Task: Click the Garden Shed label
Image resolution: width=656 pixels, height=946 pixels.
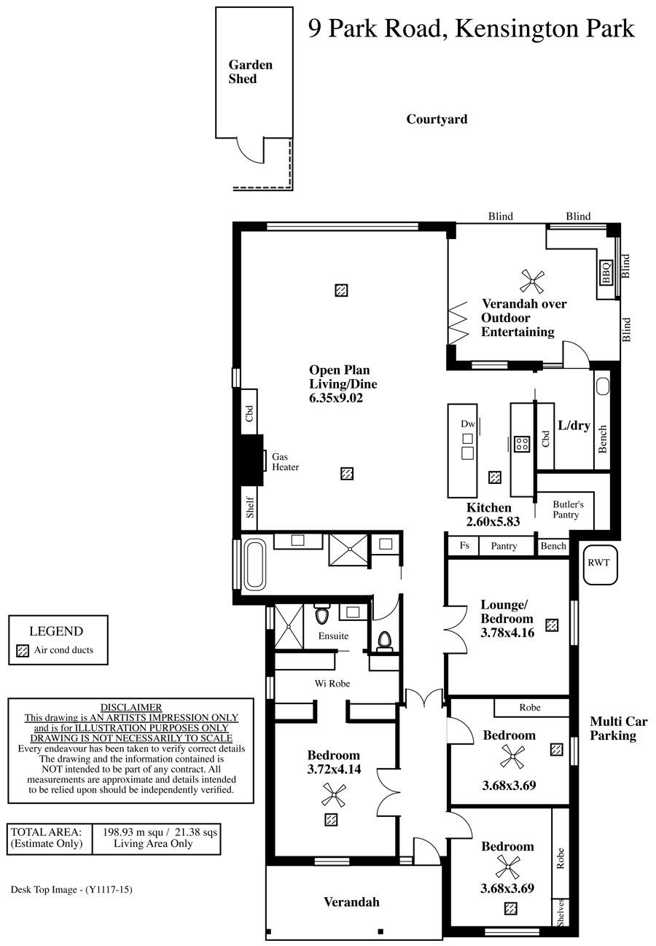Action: click(x=251, y=72)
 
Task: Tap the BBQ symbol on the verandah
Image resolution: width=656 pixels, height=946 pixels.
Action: click(x=606, y=273)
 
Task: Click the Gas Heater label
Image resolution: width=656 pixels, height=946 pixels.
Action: click(x=285, y=461)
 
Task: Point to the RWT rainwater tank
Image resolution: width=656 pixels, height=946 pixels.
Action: click(x=601, y=564)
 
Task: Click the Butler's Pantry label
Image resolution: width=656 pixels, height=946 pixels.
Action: click(x=568, y=509)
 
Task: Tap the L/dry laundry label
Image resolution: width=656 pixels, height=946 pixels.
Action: click(x=574, y=426)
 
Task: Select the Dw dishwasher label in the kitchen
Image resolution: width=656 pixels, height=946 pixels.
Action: click(x=468, y=424)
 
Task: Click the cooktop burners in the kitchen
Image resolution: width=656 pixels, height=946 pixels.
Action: click(x=522, y=444)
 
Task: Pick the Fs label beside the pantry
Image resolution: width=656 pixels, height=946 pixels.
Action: click(x=464, y=545)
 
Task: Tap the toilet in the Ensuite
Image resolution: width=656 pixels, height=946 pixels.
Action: click(x=322, y=615)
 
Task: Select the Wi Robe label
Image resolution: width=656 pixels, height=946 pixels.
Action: click(x=332, y=684)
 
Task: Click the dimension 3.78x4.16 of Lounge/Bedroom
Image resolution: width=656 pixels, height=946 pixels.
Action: click(x=507, y=633)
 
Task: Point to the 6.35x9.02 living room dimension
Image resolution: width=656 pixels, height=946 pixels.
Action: click(x=336, y=398)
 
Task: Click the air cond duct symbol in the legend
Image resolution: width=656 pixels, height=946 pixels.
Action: click(x=23, y=650)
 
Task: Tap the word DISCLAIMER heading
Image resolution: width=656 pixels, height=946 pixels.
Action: click(x=131, y=708)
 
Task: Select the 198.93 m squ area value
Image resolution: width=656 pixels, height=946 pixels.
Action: click(x=133, y=832)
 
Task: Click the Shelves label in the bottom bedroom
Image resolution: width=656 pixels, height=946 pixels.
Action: click(x=561, y=912)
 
